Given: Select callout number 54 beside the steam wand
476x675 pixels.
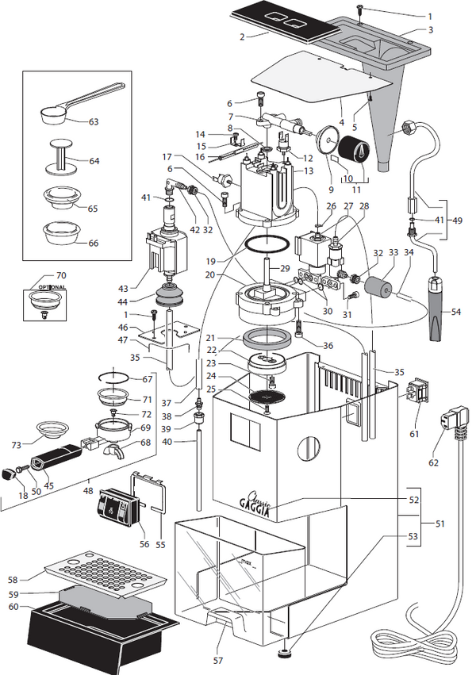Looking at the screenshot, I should point(456,312).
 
